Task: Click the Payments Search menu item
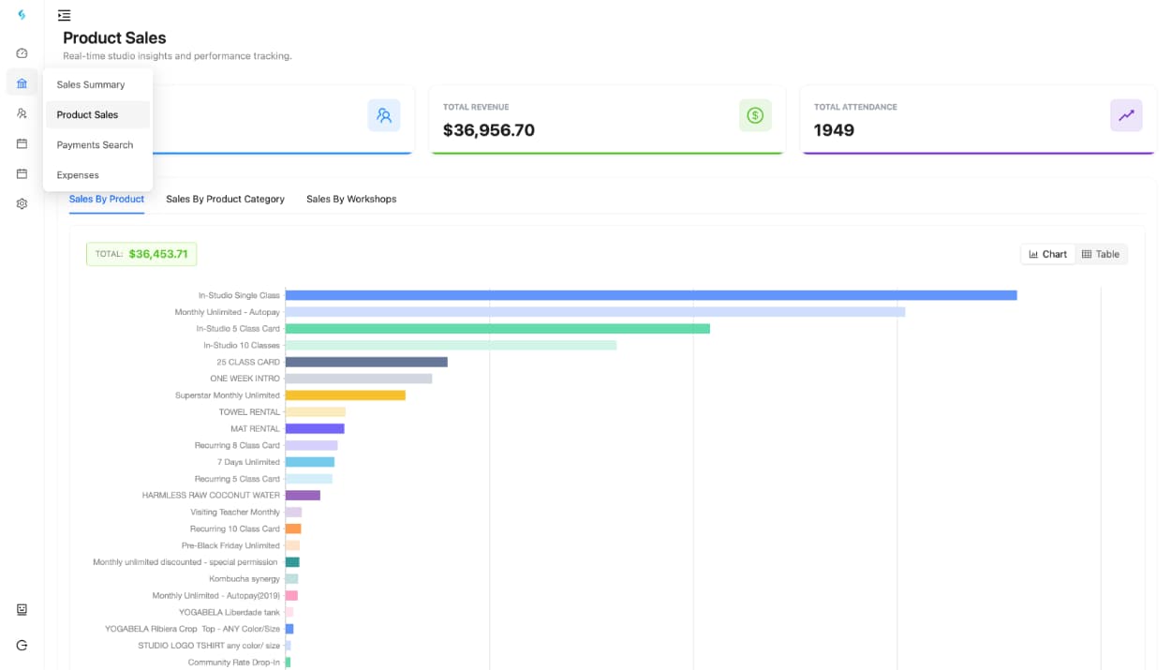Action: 95,145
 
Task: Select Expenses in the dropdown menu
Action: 78,175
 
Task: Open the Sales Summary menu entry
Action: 90,84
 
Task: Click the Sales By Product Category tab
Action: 225,199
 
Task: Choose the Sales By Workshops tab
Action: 351,199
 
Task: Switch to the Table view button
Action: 1101,254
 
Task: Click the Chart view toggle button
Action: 1048,254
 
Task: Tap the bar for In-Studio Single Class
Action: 650,295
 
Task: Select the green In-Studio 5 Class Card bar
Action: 497,329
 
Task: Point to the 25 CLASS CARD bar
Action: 365,362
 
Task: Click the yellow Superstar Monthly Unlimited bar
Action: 345,395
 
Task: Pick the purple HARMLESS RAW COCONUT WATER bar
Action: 303,495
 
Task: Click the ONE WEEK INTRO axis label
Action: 245,379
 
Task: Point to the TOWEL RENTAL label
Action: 249,412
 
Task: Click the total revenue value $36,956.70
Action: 488,130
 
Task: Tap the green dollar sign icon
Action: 755,115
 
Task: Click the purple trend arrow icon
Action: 1126,115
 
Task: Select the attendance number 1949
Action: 834,130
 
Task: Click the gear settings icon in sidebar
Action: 22,203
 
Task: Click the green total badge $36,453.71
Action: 141,254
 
